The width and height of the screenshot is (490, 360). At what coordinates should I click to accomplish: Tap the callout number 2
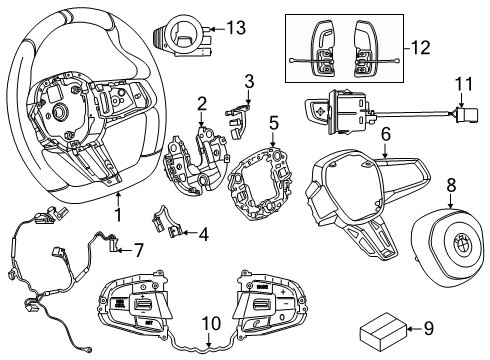tap(201, 103)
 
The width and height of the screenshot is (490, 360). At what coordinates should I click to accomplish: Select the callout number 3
tap(249, 81)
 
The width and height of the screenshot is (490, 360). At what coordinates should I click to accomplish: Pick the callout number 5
tap(273, 124)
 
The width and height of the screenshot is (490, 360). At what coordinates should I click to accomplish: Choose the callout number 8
tap(450, 184)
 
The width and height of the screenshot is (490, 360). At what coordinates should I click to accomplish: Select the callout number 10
tap(209, 323)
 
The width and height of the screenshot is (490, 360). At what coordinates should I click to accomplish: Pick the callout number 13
tap(236, 28)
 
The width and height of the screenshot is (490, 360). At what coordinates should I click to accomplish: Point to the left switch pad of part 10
tap(137, 304)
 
